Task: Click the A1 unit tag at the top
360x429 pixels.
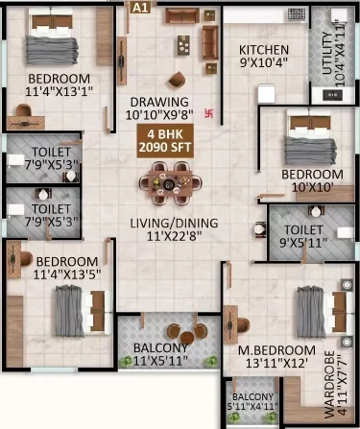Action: (x=140, y=8)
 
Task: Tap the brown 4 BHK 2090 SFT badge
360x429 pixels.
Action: (x=165, y=141)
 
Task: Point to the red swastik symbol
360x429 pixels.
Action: (x=209, y=113)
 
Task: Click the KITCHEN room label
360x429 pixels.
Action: (x=264, y=50)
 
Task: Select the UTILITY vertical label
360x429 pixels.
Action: (x=327, y=53)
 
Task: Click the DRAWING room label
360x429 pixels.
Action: (x=159, y=102)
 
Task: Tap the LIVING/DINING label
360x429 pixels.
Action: (x=174, y=223)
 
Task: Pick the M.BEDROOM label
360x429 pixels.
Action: (x=276, y=350)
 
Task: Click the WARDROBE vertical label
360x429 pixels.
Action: (x=329, y=385)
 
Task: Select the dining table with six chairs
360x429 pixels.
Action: (x=170, y=183)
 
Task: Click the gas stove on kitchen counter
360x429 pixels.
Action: (x=297, y=14)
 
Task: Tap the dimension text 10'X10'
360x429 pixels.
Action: (x=312, y=187)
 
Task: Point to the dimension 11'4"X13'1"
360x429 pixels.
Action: (x=60, y=91)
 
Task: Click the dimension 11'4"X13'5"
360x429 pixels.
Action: (x=67, y=274)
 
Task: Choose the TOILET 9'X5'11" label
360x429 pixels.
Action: (x=303, y=236)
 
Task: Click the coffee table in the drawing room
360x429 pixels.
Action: (x=183, y=45)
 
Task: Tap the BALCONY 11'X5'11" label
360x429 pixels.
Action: (x=160, y=354)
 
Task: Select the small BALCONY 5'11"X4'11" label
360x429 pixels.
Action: (x=252, y=401)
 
